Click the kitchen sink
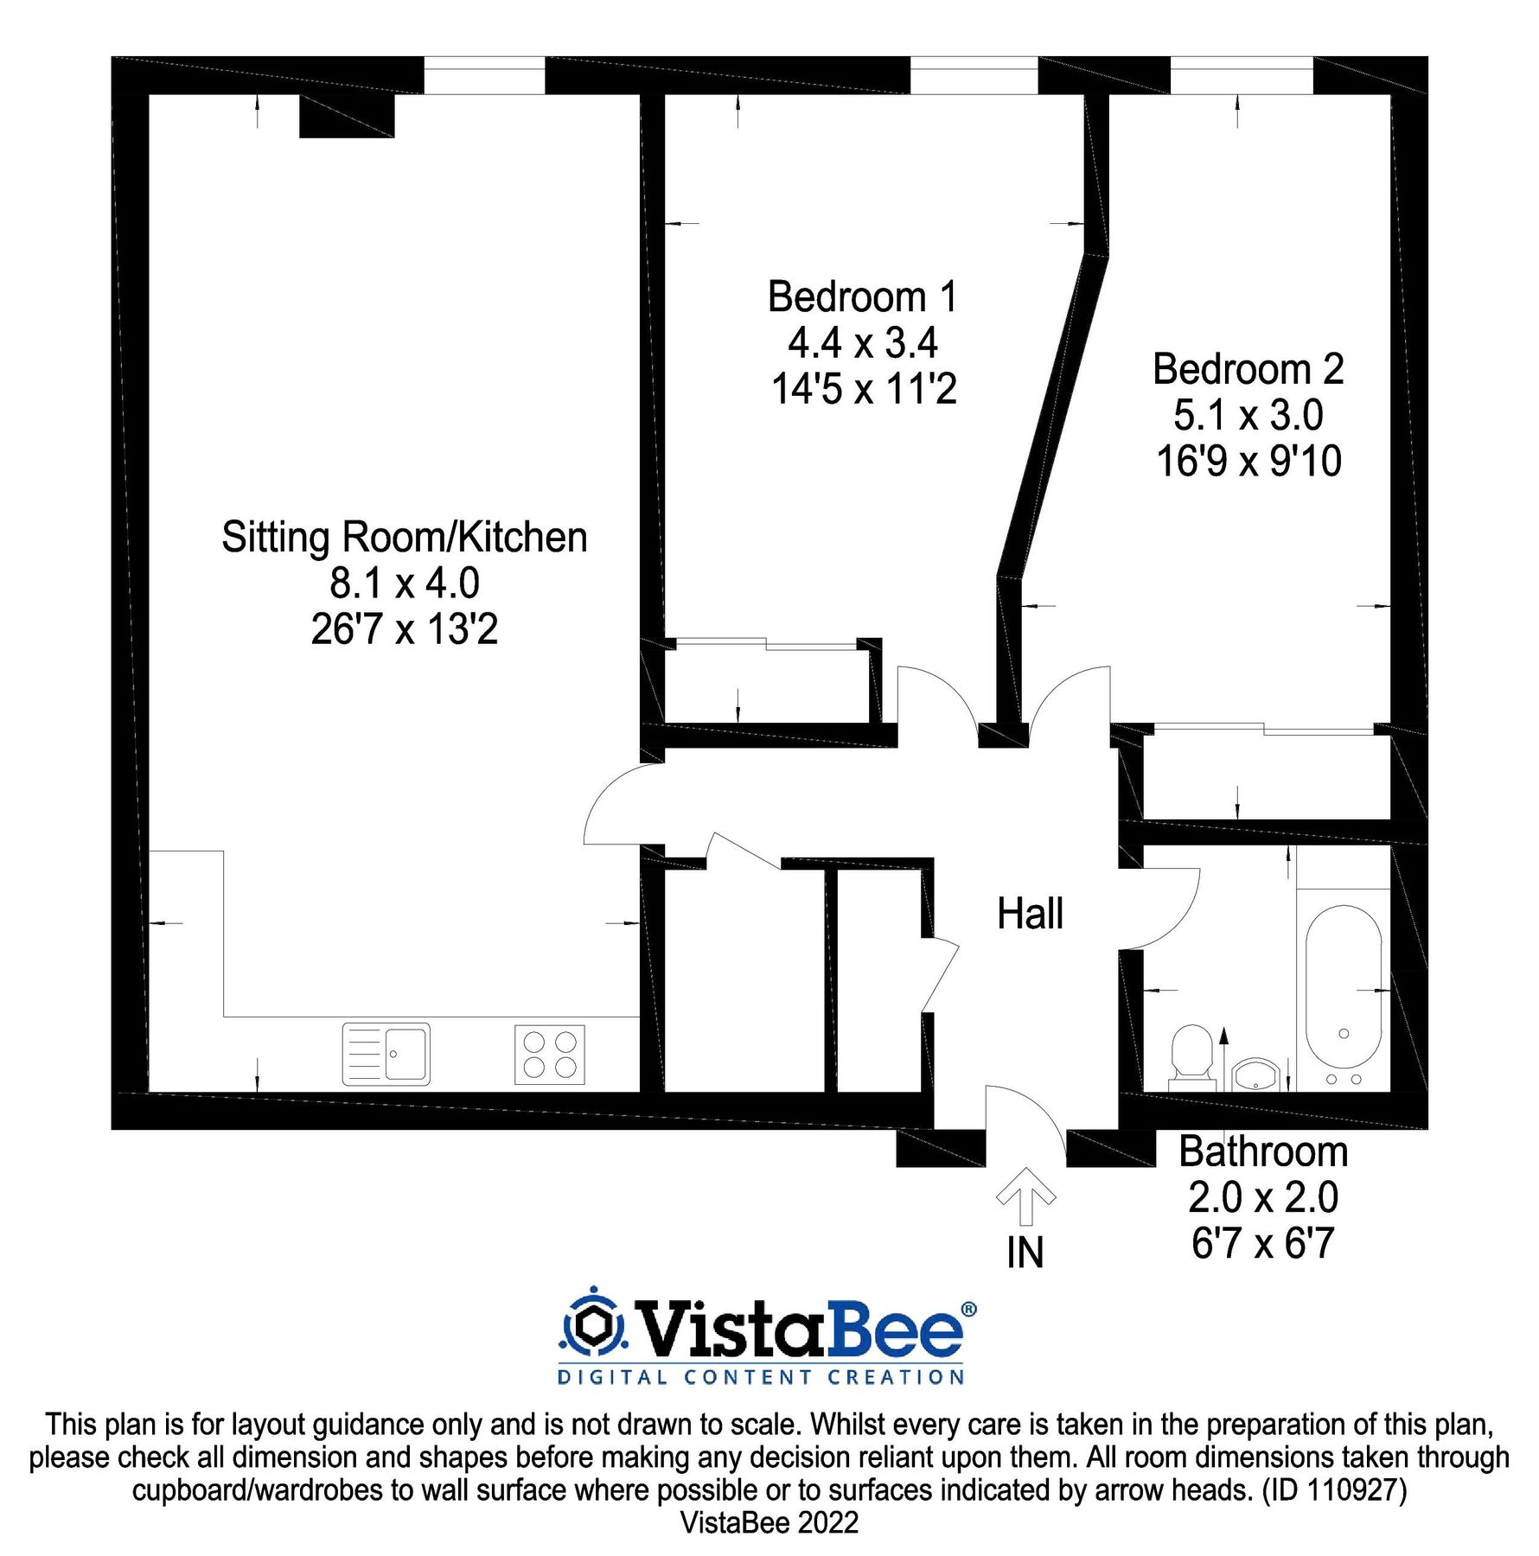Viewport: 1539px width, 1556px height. pos(386,1054)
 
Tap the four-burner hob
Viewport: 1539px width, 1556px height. pos(549,1054)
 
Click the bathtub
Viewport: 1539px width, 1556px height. pos(1343,994)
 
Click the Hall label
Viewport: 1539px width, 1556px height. pos(1029,914)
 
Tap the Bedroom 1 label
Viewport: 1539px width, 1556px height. pos(862,297)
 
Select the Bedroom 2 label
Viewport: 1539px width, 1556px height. pos(1248,369)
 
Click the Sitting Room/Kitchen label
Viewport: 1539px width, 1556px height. pos(404,537)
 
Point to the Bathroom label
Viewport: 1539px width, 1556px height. pos(1262,1151)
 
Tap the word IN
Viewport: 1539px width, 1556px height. pos(1025,1253)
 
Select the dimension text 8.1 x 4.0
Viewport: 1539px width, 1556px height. pos(404,583)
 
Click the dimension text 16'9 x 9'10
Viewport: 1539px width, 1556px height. pos(1248,461)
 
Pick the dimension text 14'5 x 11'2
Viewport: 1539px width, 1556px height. pos(864,389)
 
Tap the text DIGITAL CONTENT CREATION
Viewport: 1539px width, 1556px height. pos(761,1377)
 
